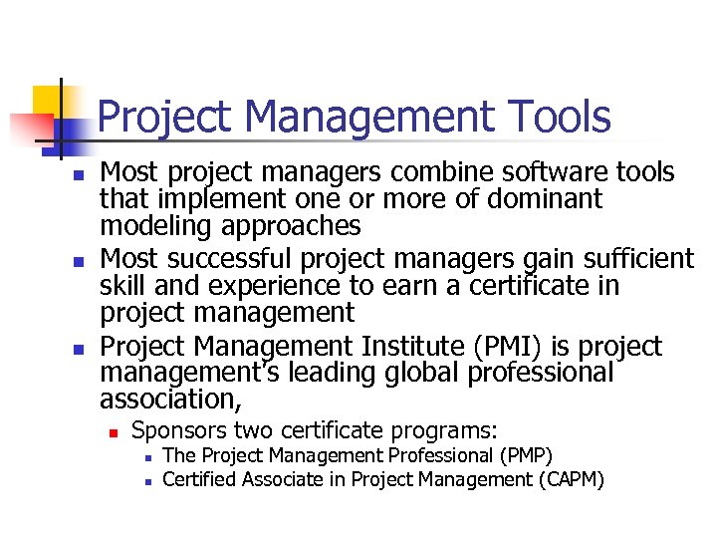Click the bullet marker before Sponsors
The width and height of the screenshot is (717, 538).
[115, 433]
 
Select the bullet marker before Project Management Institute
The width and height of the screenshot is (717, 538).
[76, 349]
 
